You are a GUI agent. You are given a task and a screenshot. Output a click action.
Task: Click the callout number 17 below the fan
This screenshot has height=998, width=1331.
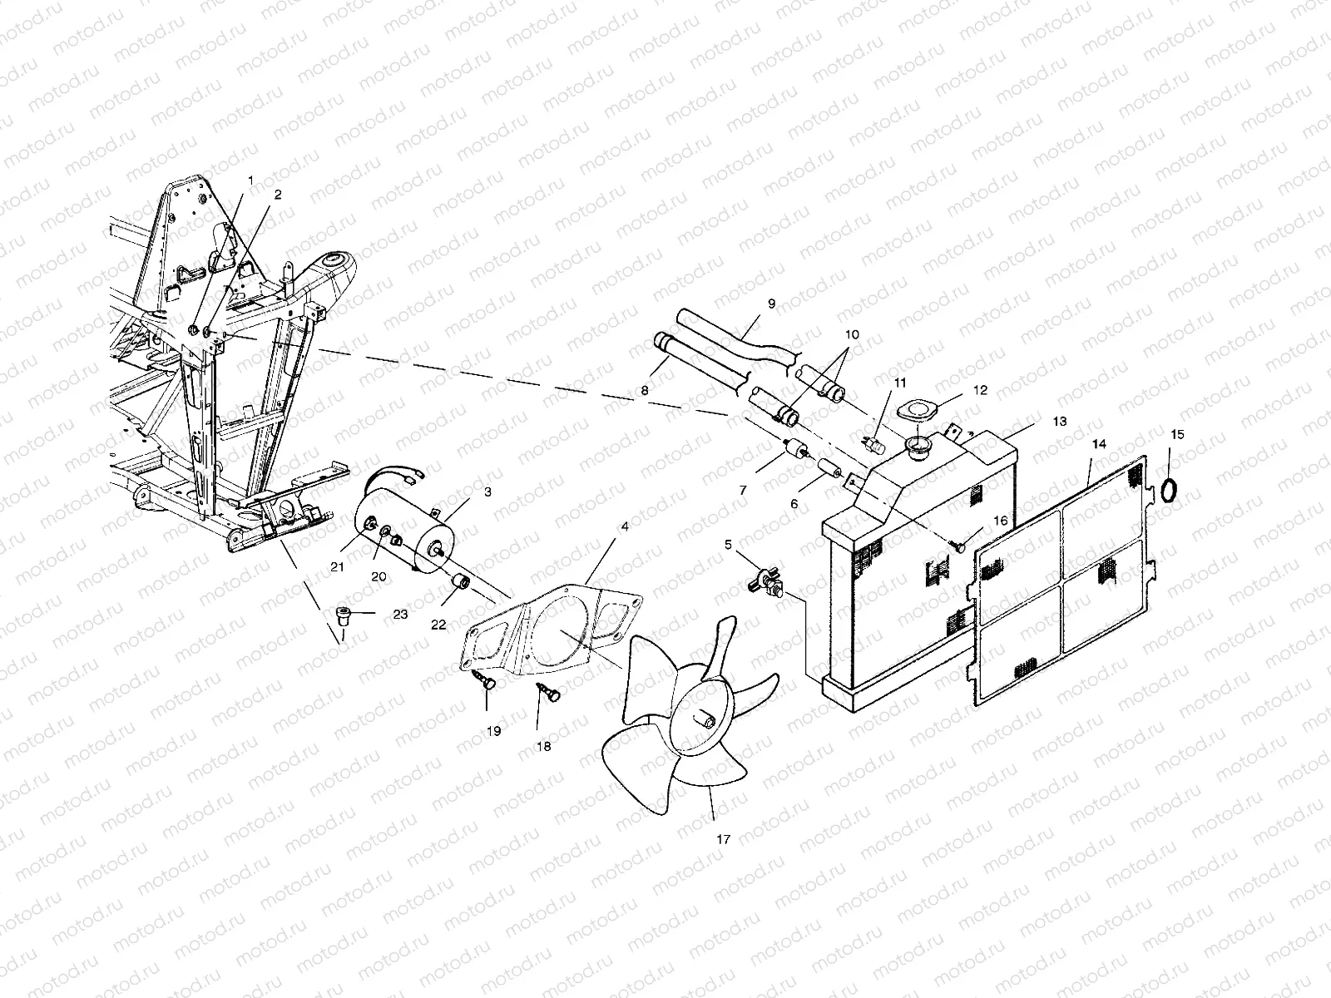coord(723,840)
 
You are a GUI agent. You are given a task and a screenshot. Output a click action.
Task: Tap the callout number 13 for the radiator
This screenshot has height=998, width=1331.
coord(1059,422)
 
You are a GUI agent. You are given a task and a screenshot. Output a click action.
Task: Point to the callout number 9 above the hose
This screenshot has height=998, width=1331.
coord(771,304)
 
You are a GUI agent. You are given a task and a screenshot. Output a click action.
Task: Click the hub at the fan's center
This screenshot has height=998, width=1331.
coord(704,719)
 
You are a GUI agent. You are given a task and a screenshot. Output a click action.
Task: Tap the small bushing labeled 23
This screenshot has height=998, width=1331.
coord(342,617)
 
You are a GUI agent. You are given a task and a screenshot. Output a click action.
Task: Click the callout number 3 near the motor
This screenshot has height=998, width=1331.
coord(487,492)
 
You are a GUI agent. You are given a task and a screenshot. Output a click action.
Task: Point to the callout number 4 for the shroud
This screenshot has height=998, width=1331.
coord(625,526)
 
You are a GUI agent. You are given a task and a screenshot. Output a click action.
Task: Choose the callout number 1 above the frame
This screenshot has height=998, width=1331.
coord(249,179)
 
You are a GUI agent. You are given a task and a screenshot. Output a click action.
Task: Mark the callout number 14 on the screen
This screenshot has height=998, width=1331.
coord(1099,444)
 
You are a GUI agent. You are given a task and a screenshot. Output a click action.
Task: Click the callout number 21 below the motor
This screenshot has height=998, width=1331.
coord(337,566)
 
